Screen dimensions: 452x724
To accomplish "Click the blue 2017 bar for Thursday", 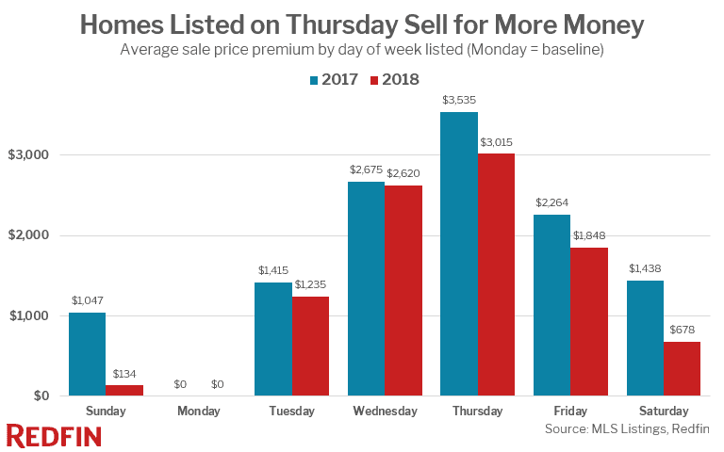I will point(459,254).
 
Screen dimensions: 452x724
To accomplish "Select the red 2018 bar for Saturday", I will point(682,368).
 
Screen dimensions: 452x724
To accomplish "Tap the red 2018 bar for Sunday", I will point(123,390).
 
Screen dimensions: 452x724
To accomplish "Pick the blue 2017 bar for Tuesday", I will point(272,339).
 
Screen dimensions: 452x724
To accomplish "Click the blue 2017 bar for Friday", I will point(551,305).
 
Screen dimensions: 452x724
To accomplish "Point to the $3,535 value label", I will point(459,99).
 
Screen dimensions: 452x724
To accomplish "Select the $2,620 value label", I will point(403,172).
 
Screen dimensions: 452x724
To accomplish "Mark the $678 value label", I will point(682,329).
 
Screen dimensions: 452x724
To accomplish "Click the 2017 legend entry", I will point(334,79).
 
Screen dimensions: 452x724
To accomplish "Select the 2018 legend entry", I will point(394,79).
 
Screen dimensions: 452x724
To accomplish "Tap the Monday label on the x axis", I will point(198,412).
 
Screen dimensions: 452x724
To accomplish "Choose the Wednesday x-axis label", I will point(385,412).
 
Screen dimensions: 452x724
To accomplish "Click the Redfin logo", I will point(54,435).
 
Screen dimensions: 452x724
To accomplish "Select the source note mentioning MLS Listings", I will point(626,429).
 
